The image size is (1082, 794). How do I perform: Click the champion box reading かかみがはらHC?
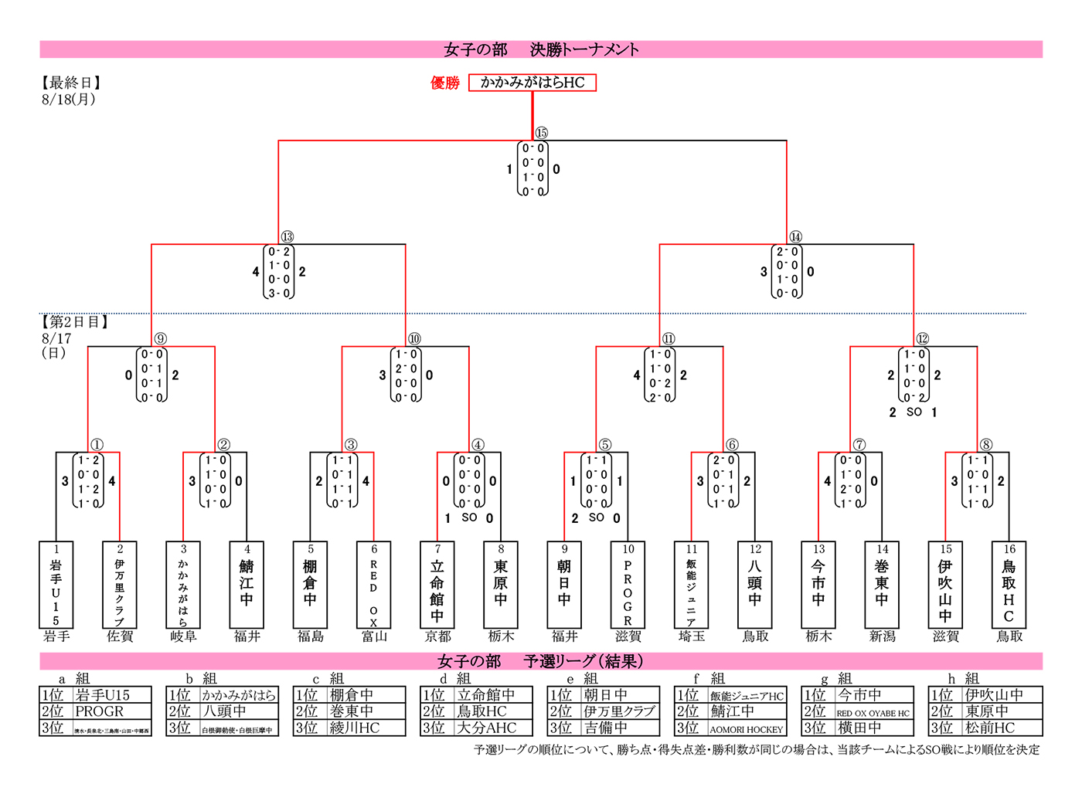coord(532,82)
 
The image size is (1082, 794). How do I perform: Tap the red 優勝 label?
coord(445,83)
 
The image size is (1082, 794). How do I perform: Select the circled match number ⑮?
coord(541,133)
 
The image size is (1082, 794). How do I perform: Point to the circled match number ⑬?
coord(288,237)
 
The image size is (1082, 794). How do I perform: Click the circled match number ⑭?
coord(795,237)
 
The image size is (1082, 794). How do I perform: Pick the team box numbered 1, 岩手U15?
coord(56,585)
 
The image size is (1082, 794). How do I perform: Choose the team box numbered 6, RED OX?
coord(374,585)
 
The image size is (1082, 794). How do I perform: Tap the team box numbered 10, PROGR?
coord(628,585)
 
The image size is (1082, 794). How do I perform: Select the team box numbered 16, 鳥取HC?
coord(1009,585)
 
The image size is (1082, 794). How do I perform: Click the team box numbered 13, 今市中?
coord(818,585)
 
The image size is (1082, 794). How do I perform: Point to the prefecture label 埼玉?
coord(692,636)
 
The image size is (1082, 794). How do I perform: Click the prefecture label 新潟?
coord(882,636)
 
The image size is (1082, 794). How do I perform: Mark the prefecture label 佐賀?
coord(120,636)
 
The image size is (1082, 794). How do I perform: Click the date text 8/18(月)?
coord(69,100)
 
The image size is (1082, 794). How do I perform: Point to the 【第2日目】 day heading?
coord(75,322)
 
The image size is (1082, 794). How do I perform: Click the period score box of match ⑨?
coord(151,375)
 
